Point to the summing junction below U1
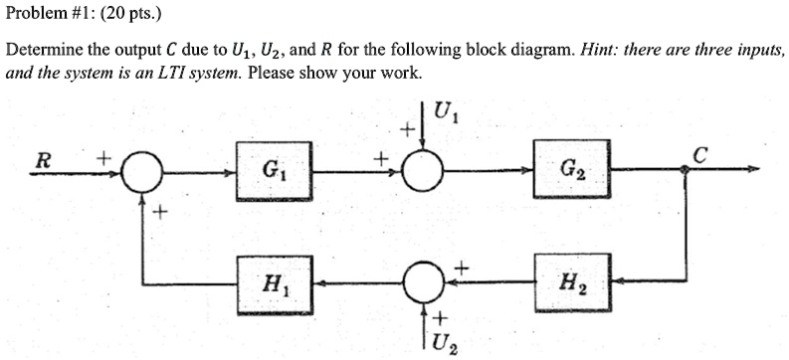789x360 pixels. (x=425, y=171)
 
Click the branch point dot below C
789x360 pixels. (x=687, y=171)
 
